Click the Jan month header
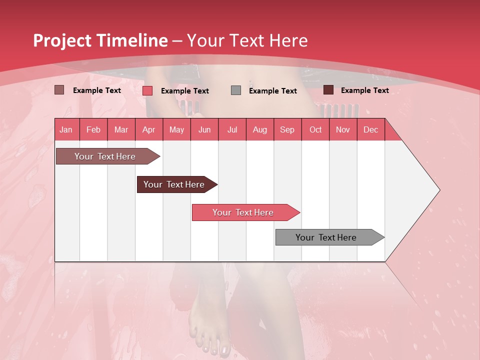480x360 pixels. (x=66, y=129)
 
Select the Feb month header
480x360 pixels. (x=93, y=129)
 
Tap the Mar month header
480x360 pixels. (x=121, y=129)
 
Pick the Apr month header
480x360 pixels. (x=148, y=129)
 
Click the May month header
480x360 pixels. (x=176, y=129)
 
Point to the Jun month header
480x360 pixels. (x=204, y=129)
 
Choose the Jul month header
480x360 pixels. (x=232, y=129)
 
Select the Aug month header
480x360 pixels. (x=260, y=129)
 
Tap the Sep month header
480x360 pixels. (x=287, y=129)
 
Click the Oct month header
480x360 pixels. (x=315, y=129)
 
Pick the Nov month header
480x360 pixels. (x=343, y=129)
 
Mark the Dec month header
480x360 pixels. (x=371, y=129)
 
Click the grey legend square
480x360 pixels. (x=236, y=90)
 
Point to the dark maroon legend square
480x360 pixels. (x=328, y=90)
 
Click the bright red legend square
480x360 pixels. (x=147, y=90)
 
